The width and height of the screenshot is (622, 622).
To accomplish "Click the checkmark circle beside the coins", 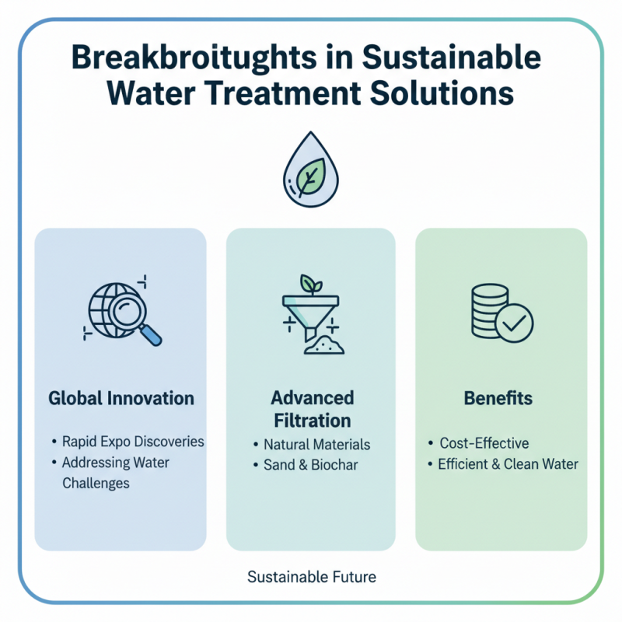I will (x=514, y=321).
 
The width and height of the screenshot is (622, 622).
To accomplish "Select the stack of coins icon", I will (x=491, y=310).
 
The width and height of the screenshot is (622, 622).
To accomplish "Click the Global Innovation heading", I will (x=121, y=399).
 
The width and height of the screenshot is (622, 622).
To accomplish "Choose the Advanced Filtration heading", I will (x=312, y=409).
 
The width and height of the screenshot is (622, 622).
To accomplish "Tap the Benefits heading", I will (x=498, y=399).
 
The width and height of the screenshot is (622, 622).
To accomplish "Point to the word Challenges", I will (x=96, y=483).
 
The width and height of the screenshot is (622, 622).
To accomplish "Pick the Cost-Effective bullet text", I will (x=484, y=443).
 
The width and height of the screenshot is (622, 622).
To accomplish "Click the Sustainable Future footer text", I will (x=311, y=578).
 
